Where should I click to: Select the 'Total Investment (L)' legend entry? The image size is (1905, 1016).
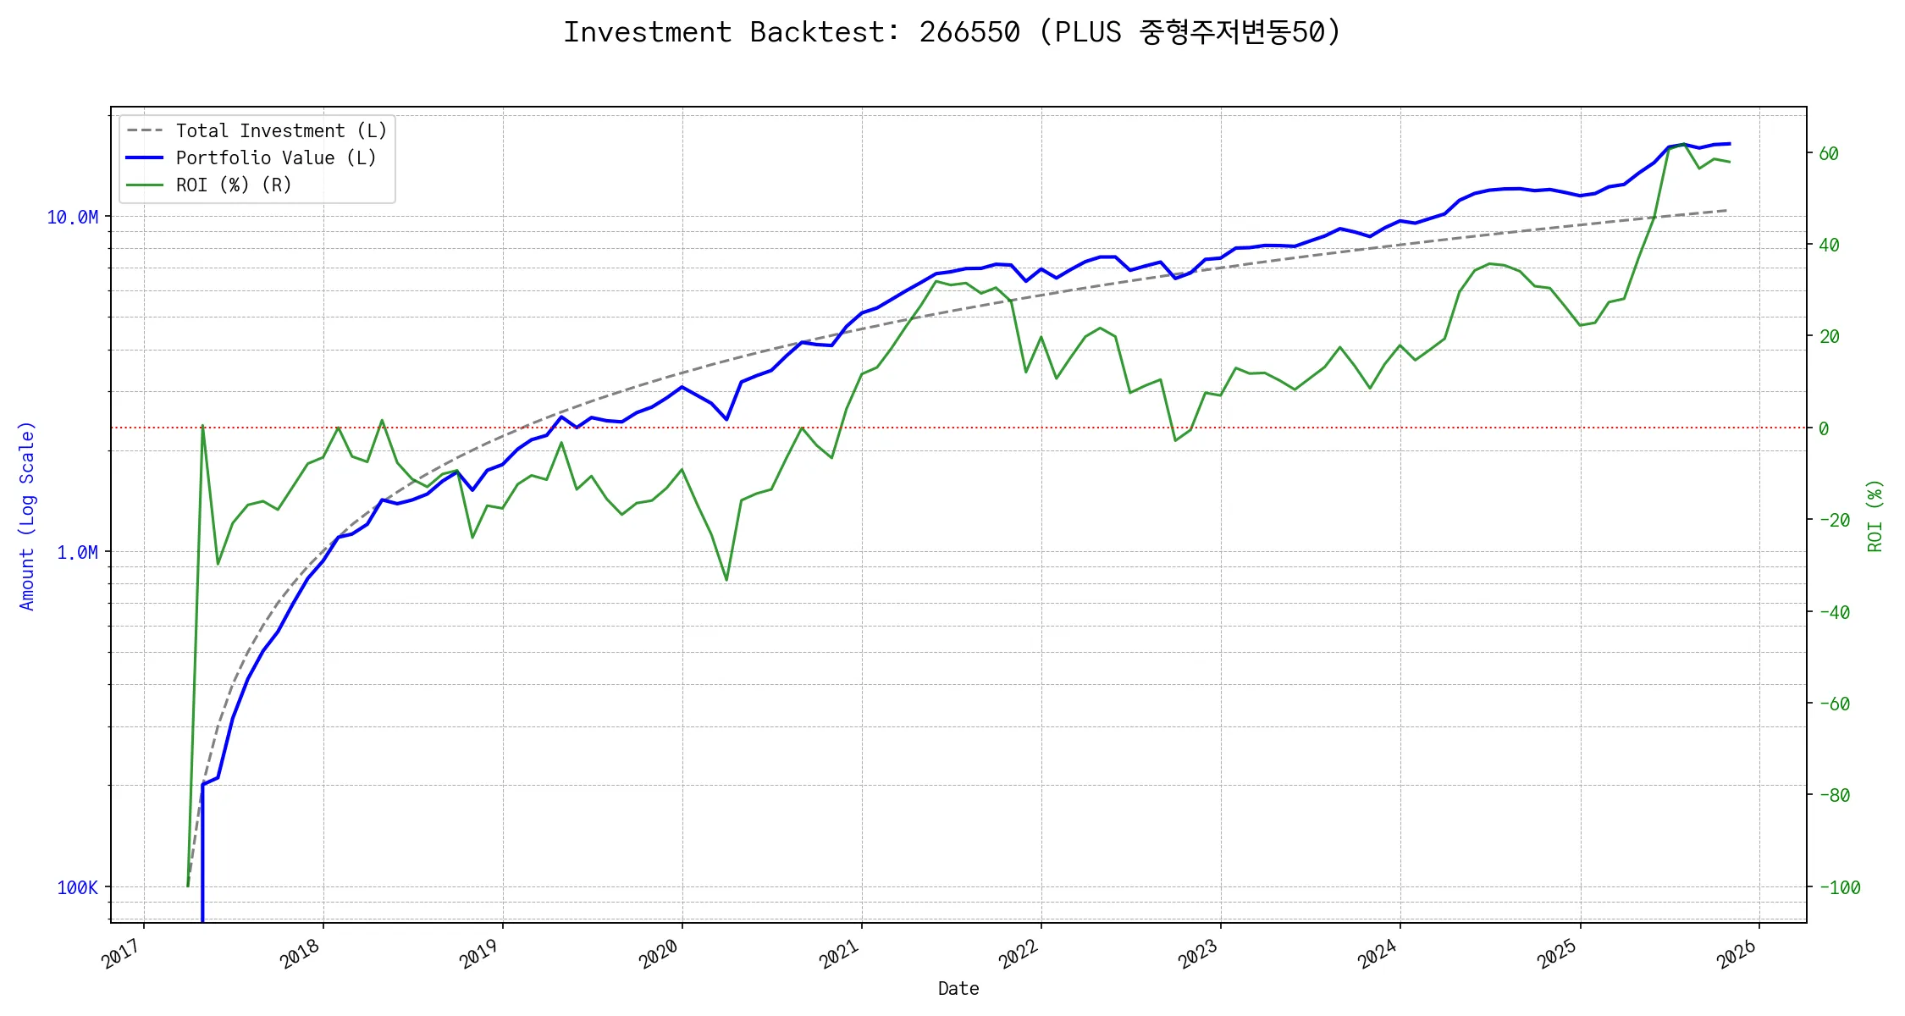coord(280,131)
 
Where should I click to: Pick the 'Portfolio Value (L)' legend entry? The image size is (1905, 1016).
coord(275,158)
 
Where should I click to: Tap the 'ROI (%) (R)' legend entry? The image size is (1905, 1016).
coord(233,185)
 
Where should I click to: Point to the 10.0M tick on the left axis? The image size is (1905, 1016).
coord(72,218)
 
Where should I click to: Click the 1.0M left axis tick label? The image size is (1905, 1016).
coord(77,553)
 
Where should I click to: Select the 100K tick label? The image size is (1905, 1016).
coord(77,888)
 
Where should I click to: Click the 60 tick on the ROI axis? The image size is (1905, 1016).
coord(1829,154)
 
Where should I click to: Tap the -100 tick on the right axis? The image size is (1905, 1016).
coord(1839,888)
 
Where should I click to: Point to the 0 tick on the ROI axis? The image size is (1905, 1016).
coord(1824,429)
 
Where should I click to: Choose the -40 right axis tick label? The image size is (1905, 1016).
coord(1834,612)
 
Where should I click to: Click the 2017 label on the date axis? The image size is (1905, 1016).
coord(122,955)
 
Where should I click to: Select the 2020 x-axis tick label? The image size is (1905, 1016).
coord(660,955)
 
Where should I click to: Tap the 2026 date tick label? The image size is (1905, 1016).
coord(1737,955)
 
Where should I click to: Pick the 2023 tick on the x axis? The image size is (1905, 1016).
coord(1198,955)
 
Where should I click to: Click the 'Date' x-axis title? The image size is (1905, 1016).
coord(958,989)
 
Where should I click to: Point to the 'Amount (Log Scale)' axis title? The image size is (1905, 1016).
coord(27,516)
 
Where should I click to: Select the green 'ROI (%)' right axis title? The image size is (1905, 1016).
coord(1875,516)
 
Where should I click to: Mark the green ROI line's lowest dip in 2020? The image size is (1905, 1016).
coord(726,580)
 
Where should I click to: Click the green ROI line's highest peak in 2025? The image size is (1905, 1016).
coord(1684,145)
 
